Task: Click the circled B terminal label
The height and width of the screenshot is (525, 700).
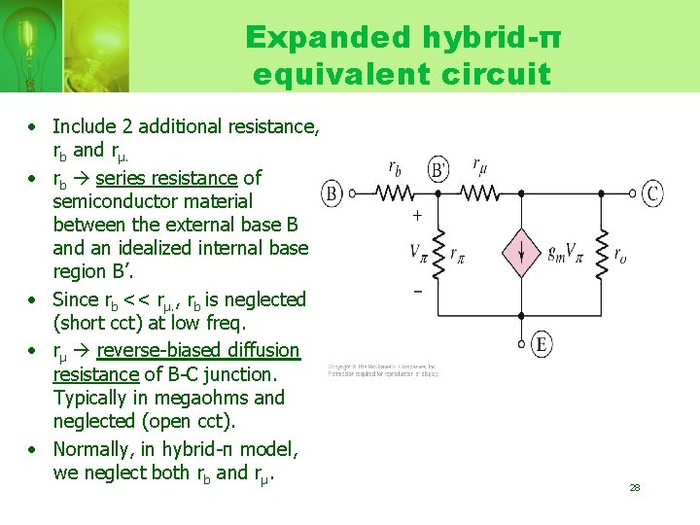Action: point(332,194)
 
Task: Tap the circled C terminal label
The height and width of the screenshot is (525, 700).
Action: point(653,194)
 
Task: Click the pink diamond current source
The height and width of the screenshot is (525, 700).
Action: point(521,255)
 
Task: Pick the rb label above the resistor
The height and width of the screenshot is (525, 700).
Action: point(396,167)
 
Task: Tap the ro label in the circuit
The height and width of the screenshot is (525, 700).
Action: point(619,255)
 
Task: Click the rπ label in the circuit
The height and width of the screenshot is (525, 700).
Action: point(458,255)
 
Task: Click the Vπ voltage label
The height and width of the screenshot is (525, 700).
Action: point(419,254)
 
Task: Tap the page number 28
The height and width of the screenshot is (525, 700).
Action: point(634,487)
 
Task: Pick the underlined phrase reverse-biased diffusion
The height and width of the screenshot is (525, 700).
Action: point(198,350)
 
